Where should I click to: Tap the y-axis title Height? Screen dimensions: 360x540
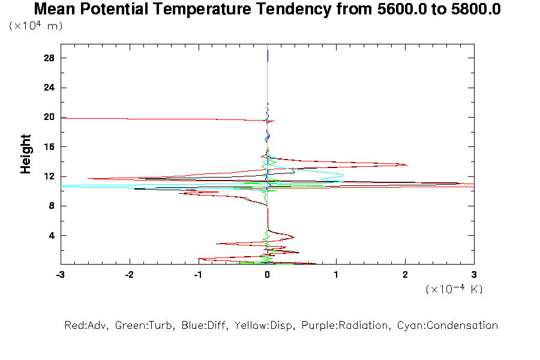click(x=26, y=154)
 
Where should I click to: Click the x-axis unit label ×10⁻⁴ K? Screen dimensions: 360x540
click(x=454, y=289)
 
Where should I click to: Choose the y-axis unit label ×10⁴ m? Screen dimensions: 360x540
click(x=35, y=26)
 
